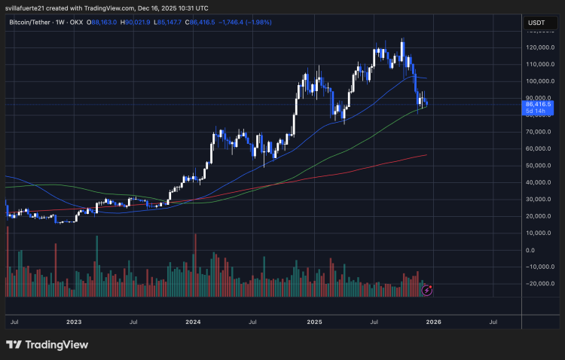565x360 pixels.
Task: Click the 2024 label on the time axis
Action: point(193,322)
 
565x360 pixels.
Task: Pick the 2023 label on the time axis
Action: point(73,322)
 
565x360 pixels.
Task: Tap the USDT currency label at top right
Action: point(536,23)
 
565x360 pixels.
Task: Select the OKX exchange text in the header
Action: point(77,23)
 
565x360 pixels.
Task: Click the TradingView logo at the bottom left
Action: point(47,344)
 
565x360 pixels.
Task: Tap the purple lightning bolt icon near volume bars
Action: point(427,289)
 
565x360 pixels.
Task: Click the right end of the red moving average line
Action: point(426,155)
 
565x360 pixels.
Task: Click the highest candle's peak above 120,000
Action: point(403,39)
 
